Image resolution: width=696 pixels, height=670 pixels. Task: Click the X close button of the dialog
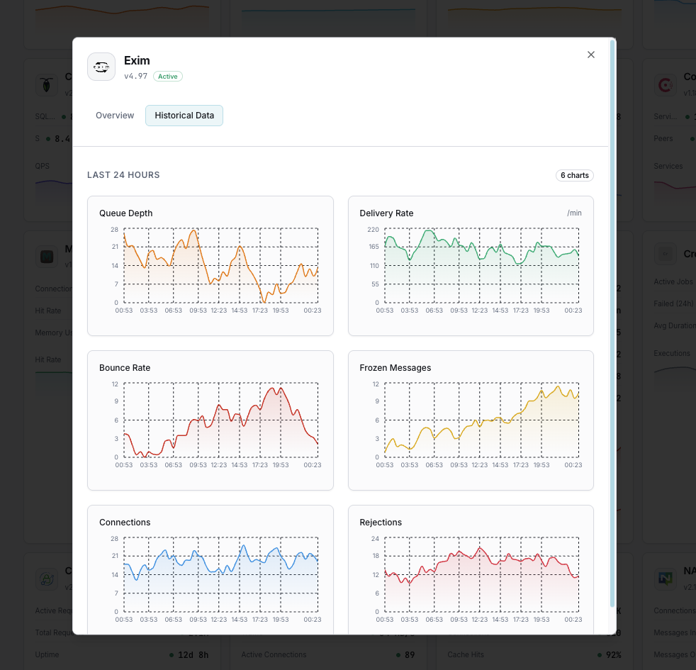(x=591, y=55)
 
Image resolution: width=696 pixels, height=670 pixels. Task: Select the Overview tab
(x=115, y=116)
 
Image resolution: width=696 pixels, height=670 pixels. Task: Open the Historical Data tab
(x=184, y=116)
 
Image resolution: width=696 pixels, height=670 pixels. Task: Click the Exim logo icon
(x=101, y=67)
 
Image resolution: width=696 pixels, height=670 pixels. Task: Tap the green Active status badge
(x=168, y=77)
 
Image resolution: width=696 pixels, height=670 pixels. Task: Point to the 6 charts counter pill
(x=575, y=175)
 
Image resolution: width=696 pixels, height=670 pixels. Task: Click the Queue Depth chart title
(x=125, y=213)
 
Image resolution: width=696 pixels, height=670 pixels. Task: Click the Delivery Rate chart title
(x=386, y=213)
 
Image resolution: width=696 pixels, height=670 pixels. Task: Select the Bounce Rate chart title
(x=125, y=368)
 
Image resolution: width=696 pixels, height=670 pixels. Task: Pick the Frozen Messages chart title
(x=395, y=368)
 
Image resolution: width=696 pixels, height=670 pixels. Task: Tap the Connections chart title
(x=125, y=523)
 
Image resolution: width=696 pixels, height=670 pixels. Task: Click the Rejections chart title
(x=381, y=523)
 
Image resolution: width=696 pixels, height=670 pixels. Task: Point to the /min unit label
(x=574, y=213)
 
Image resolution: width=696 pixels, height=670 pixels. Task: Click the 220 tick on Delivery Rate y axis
(x=374, y=230)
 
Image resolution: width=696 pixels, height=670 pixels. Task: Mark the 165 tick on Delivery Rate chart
(x=374, y=247)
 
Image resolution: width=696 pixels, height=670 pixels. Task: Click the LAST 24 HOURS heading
(x=123, y=175)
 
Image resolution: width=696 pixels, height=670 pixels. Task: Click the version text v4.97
(x=136, y=77)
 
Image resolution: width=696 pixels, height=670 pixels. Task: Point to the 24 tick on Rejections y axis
(x=376, y=539)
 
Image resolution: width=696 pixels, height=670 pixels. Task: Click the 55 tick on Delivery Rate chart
(x=376, y=284)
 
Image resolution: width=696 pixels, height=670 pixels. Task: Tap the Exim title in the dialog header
(x=137, y=61)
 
